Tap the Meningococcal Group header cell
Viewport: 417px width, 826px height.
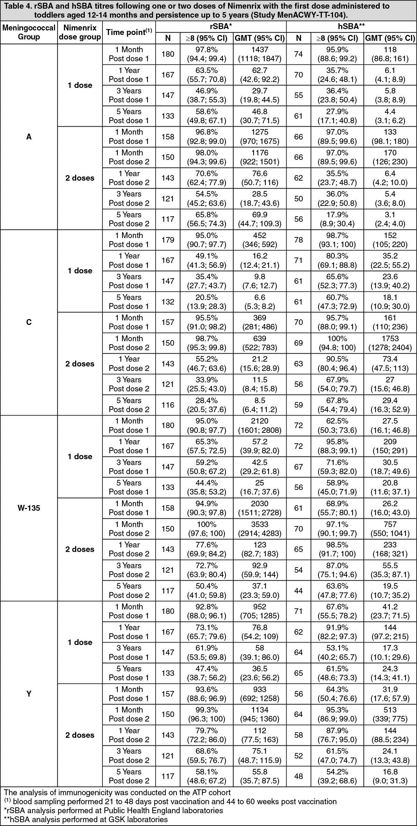tap(29, 32)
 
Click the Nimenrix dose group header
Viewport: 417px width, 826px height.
tap(80, 32)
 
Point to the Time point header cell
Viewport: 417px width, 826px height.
tap(129, 32)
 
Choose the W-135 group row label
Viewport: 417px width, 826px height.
tap(29, 508)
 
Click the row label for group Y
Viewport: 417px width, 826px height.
tap(29, 693)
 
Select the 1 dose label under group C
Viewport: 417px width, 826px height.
tap(80, 271)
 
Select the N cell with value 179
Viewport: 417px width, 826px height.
tap(168, 240)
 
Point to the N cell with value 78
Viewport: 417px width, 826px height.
tap(299, 240)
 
